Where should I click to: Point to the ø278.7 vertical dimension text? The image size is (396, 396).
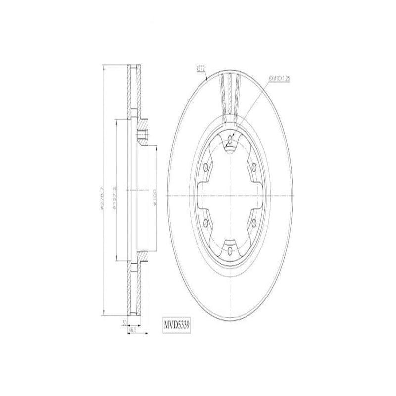click(102, 198)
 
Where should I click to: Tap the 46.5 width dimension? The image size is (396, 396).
click(132, 329)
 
